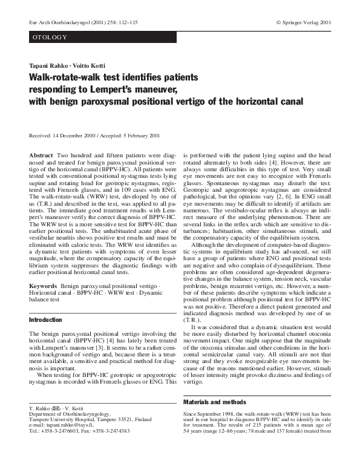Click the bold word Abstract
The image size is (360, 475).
coord(41,155)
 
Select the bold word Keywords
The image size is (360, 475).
coord(44,284)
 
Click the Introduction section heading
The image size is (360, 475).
coord(45,319)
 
